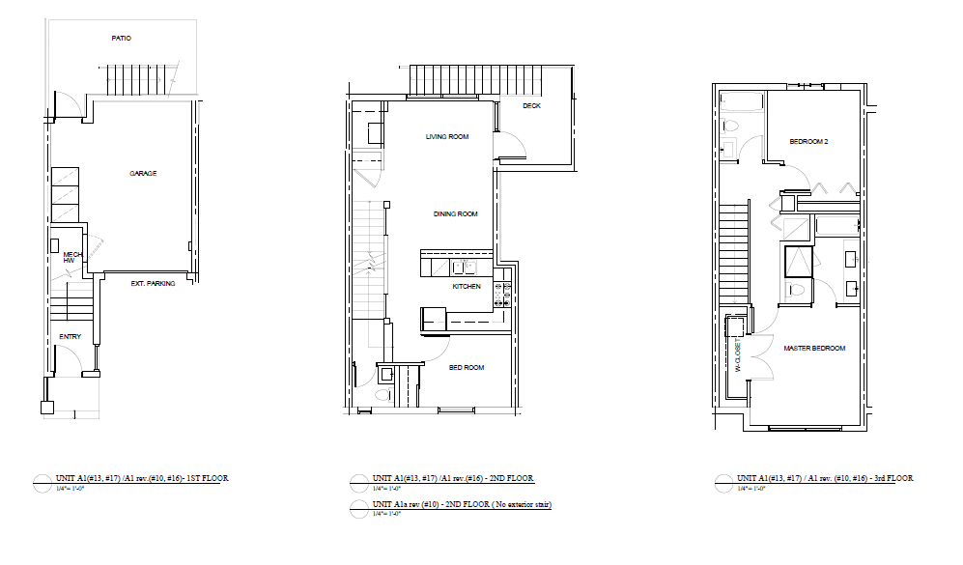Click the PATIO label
[120, 39]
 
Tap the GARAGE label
[143, 174]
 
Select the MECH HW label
[71, 257]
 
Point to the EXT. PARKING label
[153, 284]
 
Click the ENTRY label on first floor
[70, 337]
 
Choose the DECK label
[531, 106]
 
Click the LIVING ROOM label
[446, 137]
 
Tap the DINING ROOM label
[455, 214]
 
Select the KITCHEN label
[467, 287]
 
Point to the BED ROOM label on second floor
[467, 367]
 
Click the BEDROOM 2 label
[808, 142]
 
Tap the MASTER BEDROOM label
[814, 349]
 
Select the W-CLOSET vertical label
[737, 355]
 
